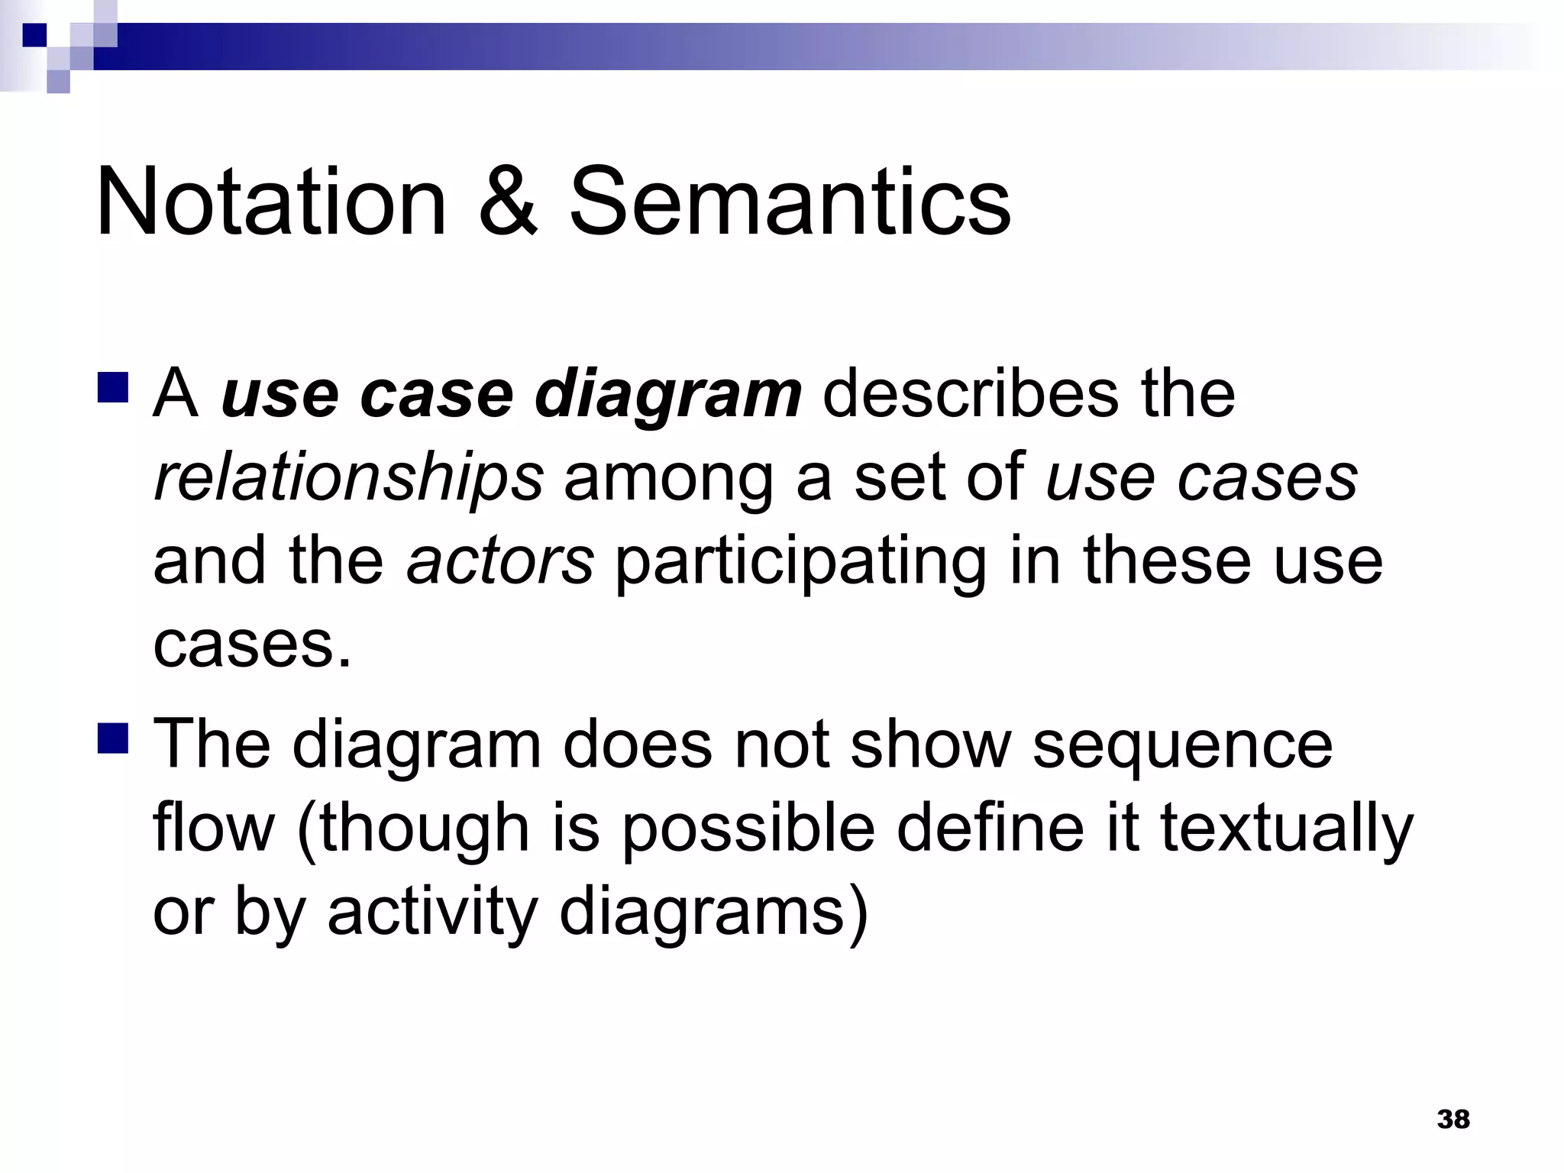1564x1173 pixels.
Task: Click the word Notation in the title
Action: coord(270,202)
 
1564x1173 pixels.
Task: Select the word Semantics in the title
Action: coord(790,202)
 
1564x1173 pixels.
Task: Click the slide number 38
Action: coord(1453,1120)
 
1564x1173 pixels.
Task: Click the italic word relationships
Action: coord(348,480)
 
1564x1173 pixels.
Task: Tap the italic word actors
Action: coord(500,561)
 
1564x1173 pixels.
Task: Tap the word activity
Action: coord(433,913)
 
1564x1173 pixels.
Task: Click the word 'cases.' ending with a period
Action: coord(253,645)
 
